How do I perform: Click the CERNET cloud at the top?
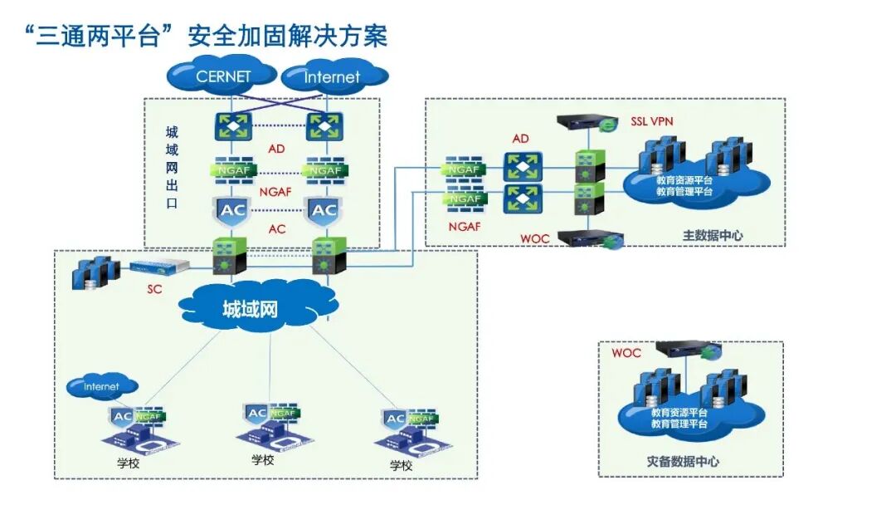[222, 76]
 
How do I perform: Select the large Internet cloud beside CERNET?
[333, 77]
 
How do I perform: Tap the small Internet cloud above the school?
[102, 386]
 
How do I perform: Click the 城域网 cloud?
[250, 310]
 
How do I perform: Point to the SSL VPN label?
[651, 121]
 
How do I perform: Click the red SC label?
[155, 289]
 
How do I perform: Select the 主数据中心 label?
[713, 235]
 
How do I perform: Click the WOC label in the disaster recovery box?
[626, 353]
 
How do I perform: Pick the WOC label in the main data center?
[535, 238]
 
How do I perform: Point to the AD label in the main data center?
[520, 139]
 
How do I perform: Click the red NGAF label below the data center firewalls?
[465, 226]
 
